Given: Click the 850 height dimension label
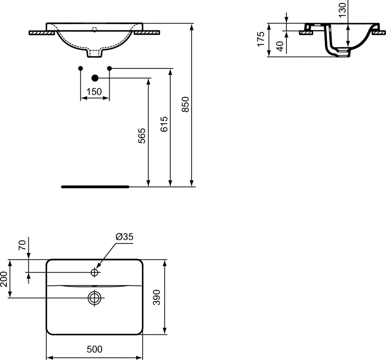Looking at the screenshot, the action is pyautogui.click(x=185, y=104).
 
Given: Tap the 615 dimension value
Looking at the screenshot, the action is pyautogui.click(x=164, y=124).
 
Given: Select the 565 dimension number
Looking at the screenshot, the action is pyautogui.click(x=142, y=136).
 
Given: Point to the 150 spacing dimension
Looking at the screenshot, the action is pyautogui.click(x=94, y=92).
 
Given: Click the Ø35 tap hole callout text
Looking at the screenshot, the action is pyautogui.click(x=124, y=236).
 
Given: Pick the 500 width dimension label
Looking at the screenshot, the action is pyautogui.click(x=95, y=349).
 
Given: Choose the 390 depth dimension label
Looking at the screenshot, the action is pyautogui.click(x=157, y=297).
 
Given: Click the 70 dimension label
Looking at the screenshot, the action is pyautogui.click(x=22, y=245).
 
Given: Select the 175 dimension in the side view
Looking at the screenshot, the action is pyautogui.click(x=261, y=39).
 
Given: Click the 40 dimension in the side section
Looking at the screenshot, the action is pyautogui.click(x=280, y=46).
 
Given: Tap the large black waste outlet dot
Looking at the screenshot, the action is pyautogui.click(x=95, y=78).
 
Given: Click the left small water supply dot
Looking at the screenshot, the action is pyautogui.click(x=80, y=68).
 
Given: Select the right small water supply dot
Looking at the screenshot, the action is pyautogui.click(x=110, y=68).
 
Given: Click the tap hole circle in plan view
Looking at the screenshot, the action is pyautogui.click(x=95, y=272).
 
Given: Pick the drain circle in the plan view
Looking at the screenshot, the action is pyautogui.click(x=95, y=298).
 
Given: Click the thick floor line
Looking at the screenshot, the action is pyautogui.click(x=95, y=187).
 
